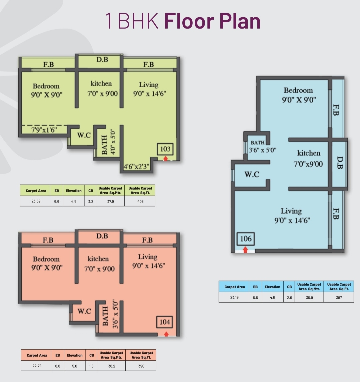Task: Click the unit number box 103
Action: coord(165,149)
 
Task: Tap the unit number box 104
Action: coord(165,322)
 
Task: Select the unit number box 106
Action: coord(246,239)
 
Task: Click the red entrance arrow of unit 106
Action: coord(245,249)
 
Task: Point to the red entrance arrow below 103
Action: coord(165,158)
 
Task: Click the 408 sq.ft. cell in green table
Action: coord(140,201)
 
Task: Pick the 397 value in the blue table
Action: coord(339,297)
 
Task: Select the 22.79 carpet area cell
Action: coord(37,366)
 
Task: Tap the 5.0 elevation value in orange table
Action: coord(75,366)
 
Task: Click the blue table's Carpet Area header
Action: coord(234,287)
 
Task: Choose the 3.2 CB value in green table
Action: coord(91,201)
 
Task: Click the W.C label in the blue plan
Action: coord(252,174)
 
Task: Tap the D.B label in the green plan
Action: coord(102,59)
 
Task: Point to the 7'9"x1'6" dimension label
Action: coord(44,130)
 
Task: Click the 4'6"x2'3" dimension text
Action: coord(136,167)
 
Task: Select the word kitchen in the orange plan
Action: coord(98,259)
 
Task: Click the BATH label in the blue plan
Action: coord(257,143)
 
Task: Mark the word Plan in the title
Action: coord(240,21)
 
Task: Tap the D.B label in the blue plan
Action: coord(340,163)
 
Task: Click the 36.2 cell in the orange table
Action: coord(112,366)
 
